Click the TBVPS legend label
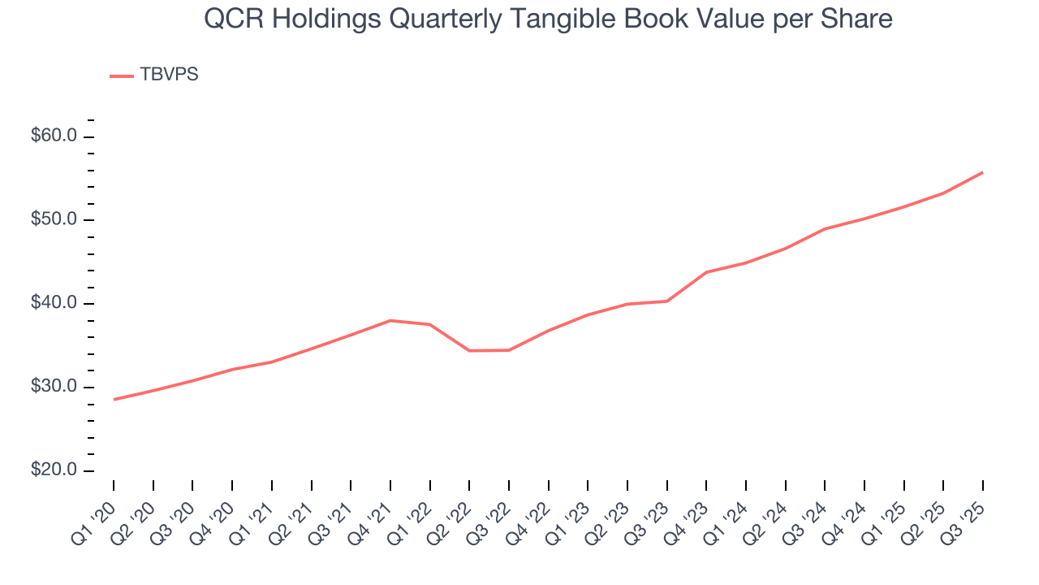169,75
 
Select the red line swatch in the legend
121,76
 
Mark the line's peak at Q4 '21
390,320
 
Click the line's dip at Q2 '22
469,350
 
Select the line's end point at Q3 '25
982,172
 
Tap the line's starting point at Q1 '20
114,399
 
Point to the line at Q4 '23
706,271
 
